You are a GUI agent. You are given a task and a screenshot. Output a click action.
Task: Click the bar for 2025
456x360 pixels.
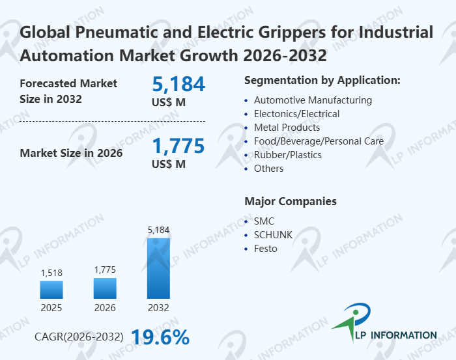click(x=51, y=290)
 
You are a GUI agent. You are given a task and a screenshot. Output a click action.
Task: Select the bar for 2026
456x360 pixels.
click(x=105, y=288)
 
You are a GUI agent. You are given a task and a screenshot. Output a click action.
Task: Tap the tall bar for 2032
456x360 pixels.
click(x=158, y=268)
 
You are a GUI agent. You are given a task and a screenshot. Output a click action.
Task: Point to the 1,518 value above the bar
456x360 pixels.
click(x=51, y=273)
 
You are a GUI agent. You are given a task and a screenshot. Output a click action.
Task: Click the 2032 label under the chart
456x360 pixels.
click(x=158, y=307)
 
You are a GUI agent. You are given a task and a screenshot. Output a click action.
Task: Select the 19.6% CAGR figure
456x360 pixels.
click(x=160, y=337)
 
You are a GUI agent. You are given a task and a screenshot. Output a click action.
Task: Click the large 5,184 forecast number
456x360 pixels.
click(x=178, y=84)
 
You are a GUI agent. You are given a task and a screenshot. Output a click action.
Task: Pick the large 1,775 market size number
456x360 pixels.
click(x=178, y=145)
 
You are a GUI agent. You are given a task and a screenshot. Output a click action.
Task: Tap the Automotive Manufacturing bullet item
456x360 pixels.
click(x=313, y=100)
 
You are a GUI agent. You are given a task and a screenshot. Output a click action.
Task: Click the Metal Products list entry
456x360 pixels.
click(x=287, y=128)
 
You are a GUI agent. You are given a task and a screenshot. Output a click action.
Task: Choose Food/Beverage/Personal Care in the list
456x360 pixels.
click(x=319, y=141)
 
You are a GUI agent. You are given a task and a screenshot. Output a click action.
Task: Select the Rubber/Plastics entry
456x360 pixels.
click(x=287, y=155)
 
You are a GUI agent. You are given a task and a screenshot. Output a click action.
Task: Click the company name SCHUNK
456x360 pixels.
click(x=273, y=235)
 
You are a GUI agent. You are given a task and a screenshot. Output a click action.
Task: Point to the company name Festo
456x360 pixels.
click(x=265, y=249)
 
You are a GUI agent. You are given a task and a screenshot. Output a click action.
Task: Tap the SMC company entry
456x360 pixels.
click(x=264, y=221)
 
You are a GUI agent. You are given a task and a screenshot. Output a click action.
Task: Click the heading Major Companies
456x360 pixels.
click(x=290, y=201)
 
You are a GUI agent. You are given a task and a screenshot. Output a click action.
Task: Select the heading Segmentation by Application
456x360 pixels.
click(x=322, y=81)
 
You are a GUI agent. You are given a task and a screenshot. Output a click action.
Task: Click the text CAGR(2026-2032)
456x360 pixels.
click(x=79, y=337)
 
